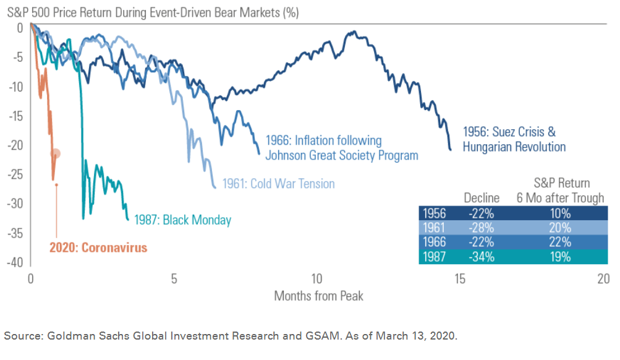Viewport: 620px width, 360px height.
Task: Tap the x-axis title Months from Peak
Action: coord(318,296)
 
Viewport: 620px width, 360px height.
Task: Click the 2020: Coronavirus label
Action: coord(98,248)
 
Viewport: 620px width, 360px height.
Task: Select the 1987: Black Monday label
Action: coord(183,220)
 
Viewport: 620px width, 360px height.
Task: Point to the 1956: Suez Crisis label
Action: coord(509,132)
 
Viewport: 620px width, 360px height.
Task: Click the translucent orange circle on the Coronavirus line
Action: coord(56,153)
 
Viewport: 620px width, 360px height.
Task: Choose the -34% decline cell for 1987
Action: coord(481,256)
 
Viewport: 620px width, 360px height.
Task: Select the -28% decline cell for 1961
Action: coord(481,228)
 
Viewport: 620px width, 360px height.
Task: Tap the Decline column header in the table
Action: coord(482,198)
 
